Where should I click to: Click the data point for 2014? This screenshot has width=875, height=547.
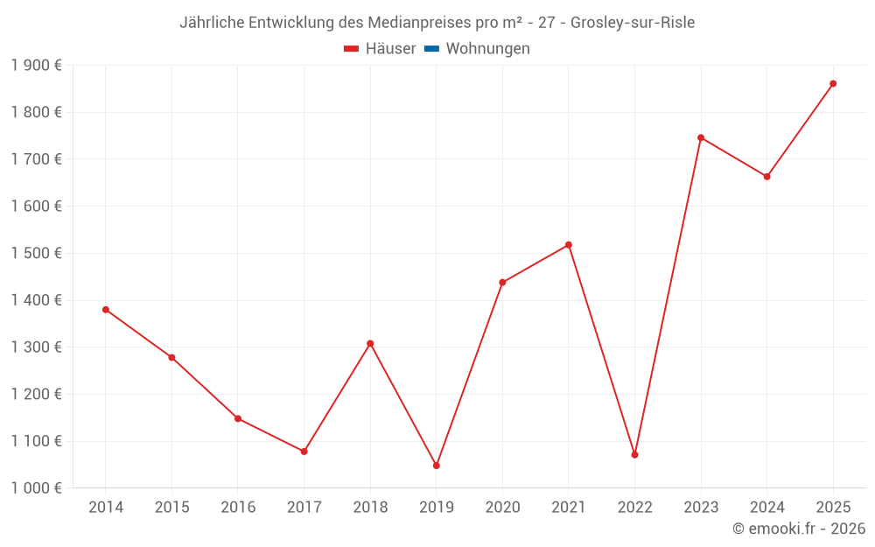[106, 310]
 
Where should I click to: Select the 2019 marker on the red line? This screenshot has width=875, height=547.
[436, 466]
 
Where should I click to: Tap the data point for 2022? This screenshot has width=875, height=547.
[634, 455]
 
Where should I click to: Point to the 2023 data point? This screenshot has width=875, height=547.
[701, 137]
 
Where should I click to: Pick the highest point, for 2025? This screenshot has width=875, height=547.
[833, 84]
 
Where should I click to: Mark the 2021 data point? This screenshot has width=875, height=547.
[569, 245]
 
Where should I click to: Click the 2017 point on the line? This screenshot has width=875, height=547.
[304, 452]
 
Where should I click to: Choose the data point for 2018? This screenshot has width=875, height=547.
[370, 343]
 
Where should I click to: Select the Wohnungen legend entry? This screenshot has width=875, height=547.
[487, 49]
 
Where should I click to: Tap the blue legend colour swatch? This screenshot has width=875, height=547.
[431, 49]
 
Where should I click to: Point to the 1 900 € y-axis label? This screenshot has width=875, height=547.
[37, 66]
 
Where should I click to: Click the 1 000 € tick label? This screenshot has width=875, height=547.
[37, 488]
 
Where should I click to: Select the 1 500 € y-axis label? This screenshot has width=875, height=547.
[37, 254]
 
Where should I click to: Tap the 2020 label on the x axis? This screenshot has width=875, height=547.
[502, 508]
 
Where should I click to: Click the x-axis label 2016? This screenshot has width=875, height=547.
[238, 508]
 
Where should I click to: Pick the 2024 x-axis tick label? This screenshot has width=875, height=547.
[766, 508]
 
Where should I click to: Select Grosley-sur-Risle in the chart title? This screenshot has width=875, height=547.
[633, 23]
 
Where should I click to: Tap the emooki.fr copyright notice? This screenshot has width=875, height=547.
[798, 529]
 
